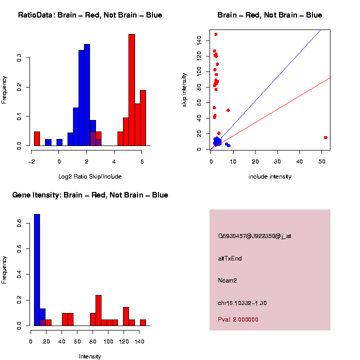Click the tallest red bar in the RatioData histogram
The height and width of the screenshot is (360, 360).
pos(131,90)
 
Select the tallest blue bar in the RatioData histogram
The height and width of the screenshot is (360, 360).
pos(87,95)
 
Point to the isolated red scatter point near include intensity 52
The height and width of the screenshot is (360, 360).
pos(325,137)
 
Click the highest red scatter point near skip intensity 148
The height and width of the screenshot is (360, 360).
pos(215,34)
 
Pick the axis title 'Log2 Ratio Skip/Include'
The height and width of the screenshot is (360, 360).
pos(86,176)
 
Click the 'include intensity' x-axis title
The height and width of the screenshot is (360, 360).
pos(270,176)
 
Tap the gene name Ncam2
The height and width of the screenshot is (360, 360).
pos(227,280)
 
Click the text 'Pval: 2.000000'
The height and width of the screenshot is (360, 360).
pos(238,319)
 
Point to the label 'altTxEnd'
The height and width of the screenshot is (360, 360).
pos(230,258)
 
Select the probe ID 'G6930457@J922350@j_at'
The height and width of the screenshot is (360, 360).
pos(254,236)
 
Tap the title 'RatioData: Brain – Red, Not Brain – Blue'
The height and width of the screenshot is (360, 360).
pos(90,15)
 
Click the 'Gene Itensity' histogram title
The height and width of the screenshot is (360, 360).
pos(90,195)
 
